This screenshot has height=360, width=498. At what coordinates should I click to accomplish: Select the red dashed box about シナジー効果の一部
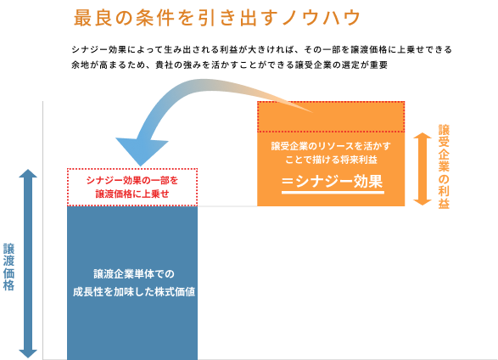click(131, 187)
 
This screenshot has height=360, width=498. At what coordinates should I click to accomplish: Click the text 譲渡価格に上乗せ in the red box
click(131, 194)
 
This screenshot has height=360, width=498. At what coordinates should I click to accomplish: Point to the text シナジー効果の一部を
click(131, 180)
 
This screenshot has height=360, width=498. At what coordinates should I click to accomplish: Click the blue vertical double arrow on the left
click(28, 263)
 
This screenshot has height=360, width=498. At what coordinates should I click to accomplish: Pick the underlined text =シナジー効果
click(332, 181)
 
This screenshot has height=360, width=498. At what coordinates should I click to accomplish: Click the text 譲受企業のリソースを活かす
click(331, 146)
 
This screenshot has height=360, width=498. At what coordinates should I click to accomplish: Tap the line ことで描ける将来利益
click(331, 160)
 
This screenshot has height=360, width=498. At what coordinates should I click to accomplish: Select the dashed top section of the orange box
click(331, 116)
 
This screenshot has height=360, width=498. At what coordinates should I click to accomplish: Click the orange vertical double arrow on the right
click(422, 168)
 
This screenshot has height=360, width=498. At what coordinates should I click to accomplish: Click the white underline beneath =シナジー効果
click(332, 192)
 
